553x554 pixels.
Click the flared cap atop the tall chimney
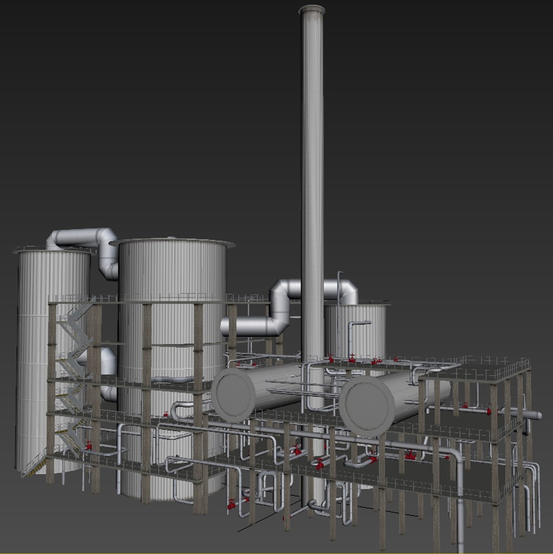point(312,10)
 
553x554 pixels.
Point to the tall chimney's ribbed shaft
point(312,154)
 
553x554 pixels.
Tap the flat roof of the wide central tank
point(172,243)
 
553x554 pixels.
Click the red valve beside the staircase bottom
point(89,446)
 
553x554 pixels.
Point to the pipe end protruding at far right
point(537,415)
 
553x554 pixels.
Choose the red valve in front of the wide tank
point(166,414)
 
